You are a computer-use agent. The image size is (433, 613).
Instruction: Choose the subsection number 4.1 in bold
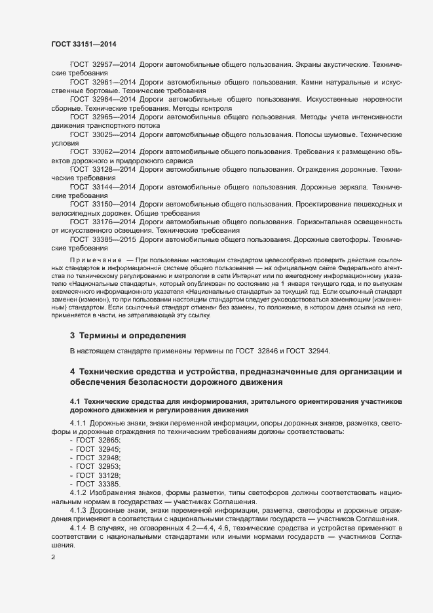point(75,401)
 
